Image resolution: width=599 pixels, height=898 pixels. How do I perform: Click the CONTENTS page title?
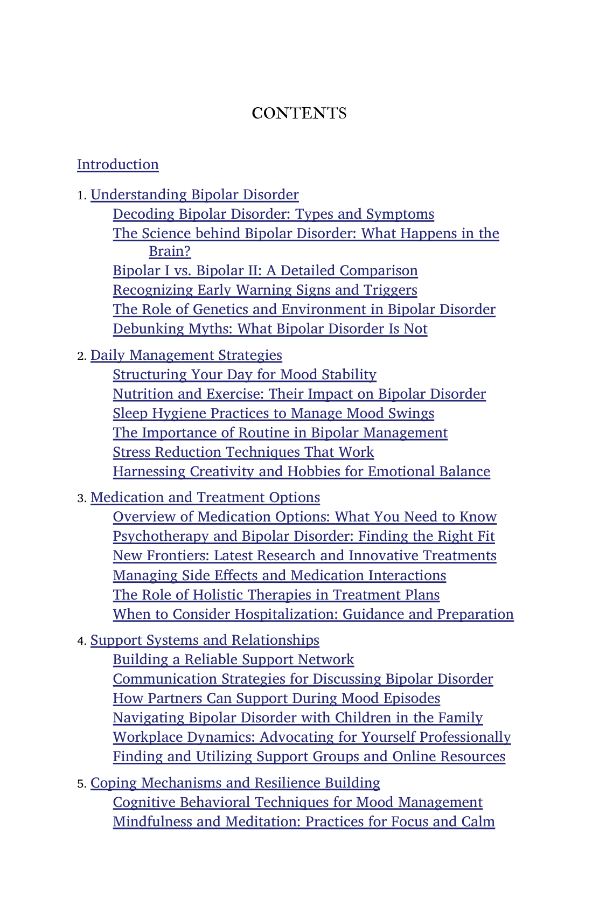[x=299, y=113]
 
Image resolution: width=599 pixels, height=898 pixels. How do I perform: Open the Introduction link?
[x=117, y=164]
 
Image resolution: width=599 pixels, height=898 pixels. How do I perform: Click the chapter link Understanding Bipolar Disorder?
[x=194, y=194]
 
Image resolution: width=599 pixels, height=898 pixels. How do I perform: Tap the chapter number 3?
[x=81, y=498]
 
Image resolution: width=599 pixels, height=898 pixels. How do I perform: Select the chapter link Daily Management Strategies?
[x=186, y=356]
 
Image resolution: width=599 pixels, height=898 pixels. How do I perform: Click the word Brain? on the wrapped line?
[x=170, y=252]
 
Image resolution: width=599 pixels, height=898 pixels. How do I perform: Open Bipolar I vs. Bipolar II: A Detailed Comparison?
[x=265, y=270]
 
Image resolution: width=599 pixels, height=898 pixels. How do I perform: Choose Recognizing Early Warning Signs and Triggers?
[x=264, y=290]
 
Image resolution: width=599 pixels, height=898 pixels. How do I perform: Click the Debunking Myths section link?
[x=270, y=329]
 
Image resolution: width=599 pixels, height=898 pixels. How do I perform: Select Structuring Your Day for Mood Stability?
[x=245, y=374]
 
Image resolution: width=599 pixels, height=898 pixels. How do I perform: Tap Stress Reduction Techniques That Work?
[x=243, y=452]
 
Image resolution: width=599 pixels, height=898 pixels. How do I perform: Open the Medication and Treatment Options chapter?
[x=205, y=497]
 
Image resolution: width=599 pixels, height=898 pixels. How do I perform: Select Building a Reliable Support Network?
[x=233, y=659]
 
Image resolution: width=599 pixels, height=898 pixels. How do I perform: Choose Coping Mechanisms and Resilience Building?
[x=235, y=783]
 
